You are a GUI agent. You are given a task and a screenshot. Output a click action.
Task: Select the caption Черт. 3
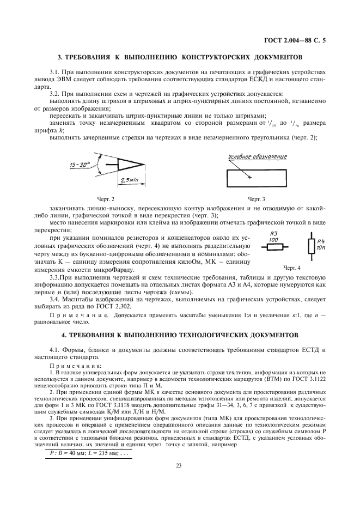(x=256, y=199)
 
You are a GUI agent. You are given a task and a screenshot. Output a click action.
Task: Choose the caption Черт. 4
(x=292, y=268)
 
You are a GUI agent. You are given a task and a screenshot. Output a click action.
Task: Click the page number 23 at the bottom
(x=179, y=465)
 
